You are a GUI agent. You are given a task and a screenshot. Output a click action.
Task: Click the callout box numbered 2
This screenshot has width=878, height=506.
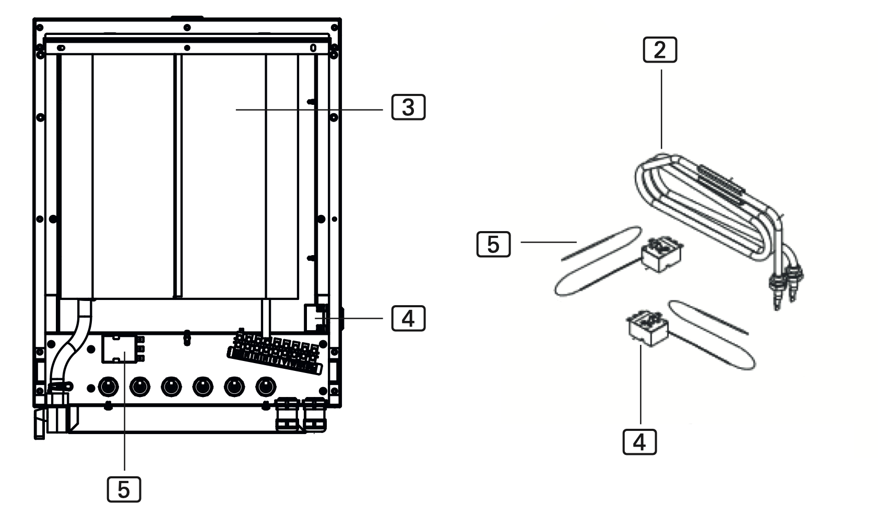pos(660,50)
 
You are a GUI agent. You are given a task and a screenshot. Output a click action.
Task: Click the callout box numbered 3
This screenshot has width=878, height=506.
pos(408,107)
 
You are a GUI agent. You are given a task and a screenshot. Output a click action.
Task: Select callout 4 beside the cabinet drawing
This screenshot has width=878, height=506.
pos(408,318)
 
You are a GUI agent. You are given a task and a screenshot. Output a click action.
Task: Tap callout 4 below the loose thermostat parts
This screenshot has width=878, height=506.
pos(639,441)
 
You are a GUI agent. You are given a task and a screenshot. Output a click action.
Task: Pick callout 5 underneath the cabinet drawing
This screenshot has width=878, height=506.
pos(124,489)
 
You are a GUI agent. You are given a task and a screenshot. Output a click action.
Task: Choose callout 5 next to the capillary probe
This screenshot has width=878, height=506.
pos(493,244)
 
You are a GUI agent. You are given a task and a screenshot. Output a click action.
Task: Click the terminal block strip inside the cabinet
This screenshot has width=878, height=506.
pos(274,352)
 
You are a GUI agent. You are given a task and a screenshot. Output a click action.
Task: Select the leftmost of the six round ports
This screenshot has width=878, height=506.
pos(108,387)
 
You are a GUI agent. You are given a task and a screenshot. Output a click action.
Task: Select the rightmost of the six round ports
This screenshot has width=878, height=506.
pos(266,387)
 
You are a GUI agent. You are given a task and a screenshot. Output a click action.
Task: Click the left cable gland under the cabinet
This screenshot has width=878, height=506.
pos(287,415)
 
